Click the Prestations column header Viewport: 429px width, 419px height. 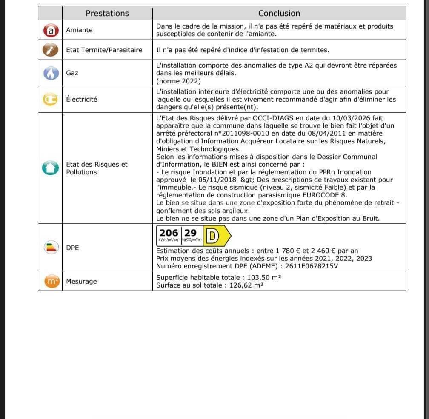point(107,13)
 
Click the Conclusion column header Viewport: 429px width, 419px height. point(279,13)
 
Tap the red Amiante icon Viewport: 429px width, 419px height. point(50,30)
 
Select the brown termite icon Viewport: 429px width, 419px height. point(50,50)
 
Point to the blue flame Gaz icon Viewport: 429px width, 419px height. point(50,73)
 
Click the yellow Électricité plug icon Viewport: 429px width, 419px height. point(50,99)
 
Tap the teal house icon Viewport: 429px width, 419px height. point(50,168)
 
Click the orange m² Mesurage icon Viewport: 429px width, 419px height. point(51,281)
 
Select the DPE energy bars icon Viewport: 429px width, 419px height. point(51,247)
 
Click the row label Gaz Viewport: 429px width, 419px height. point(72,73)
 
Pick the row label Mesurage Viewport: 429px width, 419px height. point(81,282)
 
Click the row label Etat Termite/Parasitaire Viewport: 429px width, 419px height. point(104,50)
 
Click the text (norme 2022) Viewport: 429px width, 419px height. point(178,81)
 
